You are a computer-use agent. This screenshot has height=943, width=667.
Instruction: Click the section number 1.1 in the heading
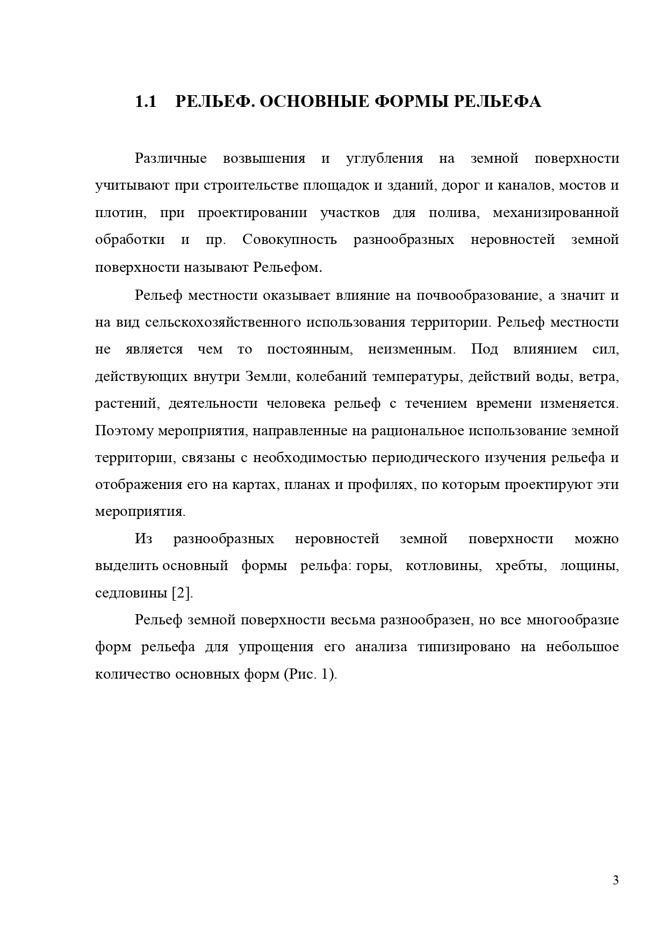click(145, 102)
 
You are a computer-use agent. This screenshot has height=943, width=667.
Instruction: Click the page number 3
click(615, 880)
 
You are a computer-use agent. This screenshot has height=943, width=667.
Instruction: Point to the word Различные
click(171, 159)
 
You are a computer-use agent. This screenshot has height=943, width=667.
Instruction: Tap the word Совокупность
click(290, 240)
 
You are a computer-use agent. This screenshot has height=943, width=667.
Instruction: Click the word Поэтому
click(125, 431)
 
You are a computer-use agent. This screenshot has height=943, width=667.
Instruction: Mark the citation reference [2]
click(182, 593)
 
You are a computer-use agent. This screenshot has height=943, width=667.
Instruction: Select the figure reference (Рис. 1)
click(310, 674)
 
